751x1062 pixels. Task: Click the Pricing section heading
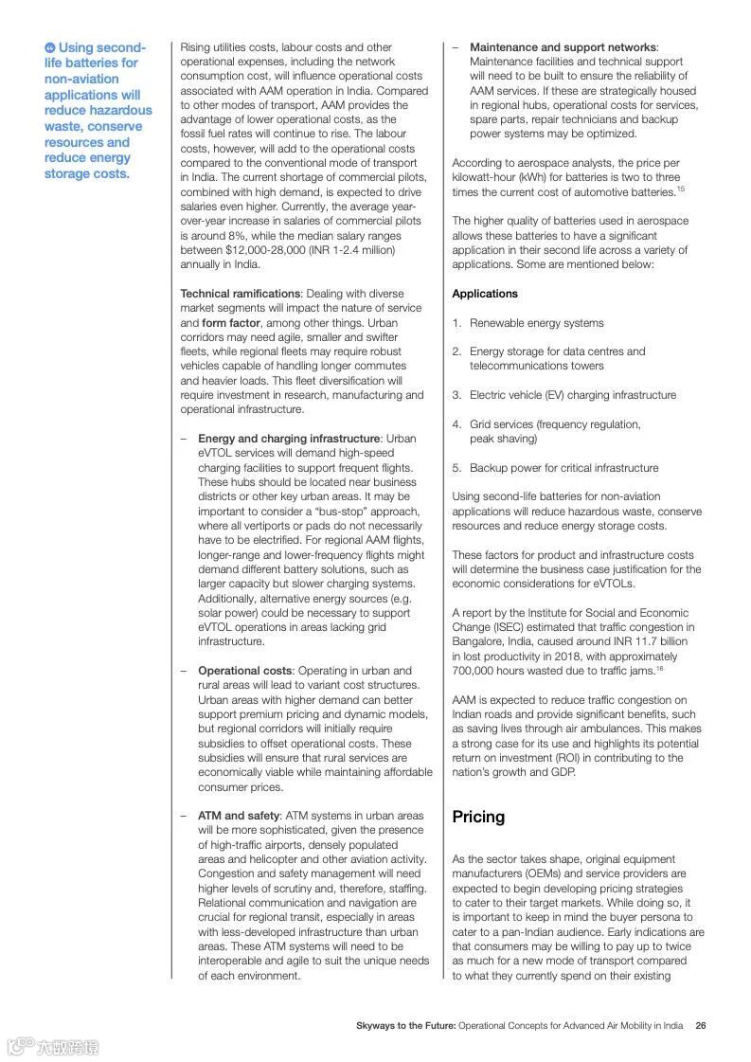(478, 817)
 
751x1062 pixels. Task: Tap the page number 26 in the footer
(701, 1025)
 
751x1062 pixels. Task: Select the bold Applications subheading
(485, 294)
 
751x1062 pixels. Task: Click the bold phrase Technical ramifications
(241, 294)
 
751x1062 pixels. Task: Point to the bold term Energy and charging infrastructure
(289, 439)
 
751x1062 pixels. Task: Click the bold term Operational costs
(245, 671)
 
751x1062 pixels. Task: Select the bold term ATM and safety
(239, 816)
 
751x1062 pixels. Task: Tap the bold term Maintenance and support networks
(563, 47)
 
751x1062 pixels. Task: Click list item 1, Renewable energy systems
(536, 323)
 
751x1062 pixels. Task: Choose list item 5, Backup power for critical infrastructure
(563, 468)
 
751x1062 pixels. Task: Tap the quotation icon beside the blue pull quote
(49, 47)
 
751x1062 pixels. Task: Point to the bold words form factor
(233, 323)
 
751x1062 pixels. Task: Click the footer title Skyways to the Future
(405, 1025)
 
